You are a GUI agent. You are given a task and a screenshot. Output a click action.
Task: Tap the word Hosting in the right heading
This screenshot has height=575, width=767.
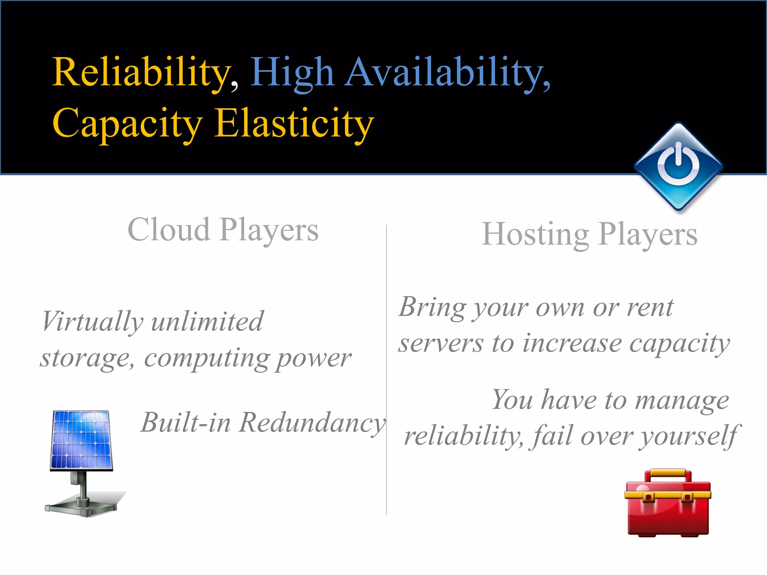coord(536,234)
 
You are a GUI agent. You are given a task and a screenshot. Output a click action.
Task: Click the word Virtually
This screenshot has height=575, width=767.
coord(92,322)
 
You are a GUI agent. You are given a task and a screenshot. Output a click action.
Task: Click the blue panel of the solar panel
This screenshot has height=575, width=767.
coord(81,439)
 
